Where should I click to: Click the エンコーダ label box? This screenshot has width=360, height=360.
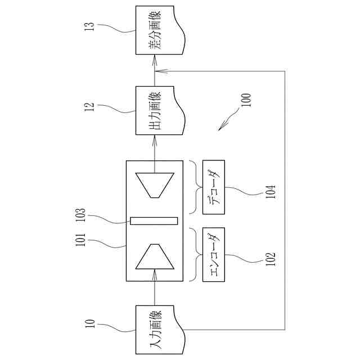click(x=213, y=254)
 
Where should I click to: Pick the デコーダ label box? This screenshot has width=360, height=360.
click(x=213, y=187)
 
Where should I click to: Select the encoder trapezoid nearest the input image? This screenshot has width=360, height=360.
click(x=155, y=256)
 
